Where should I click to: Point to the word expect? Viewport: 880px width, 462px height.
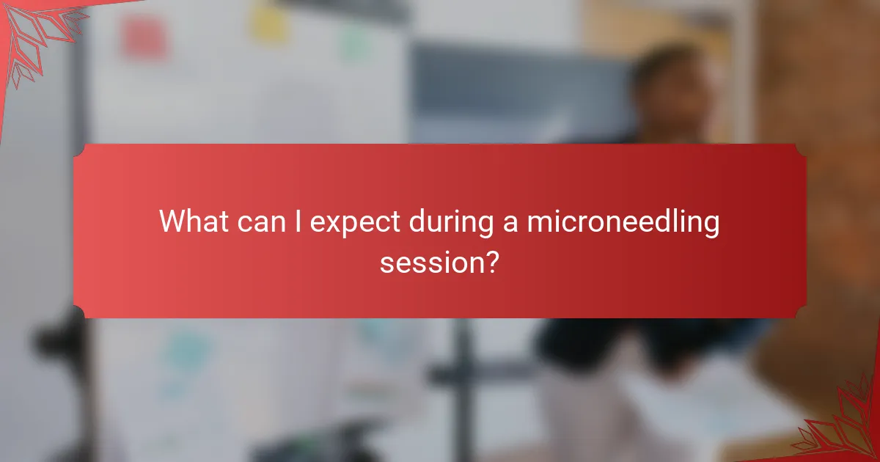[x=354, y=222]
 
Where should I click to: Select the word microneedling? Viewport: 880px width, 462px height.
[x=621, y=222]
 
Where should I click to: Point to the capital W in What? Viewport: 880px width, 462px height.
[x=172, y=221]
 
